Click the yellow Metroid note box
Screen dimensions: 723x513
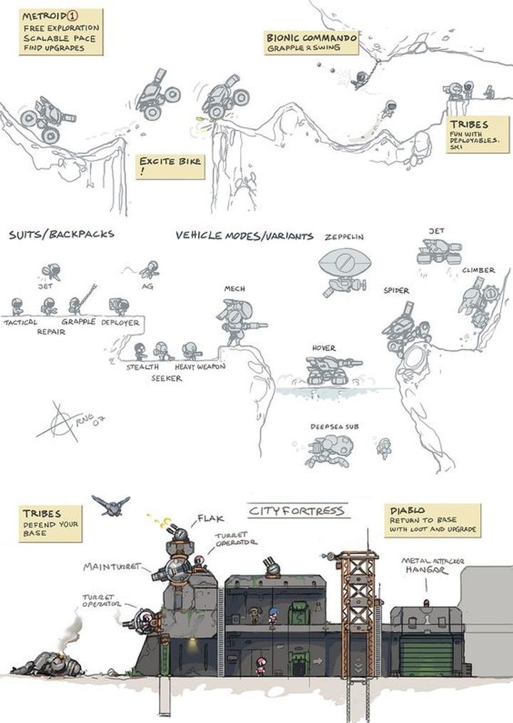[x=61, y=31]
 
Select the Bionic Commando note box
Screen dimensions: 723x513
[x=311, y=42]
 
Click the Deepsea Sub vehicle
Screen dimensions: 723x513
[x=330, y=450]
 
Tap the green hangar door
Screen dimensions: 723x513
[x=426, y=655]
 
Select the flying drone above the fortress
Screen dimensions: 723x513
[x=110, y=504]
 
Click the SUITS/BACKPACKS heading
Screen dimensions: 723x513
[x=61, y=234]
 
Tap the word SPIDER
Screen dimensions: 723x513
[x=396, y=291]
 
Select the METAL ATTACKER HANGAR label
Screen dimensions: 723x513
[x=433, y=566]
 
